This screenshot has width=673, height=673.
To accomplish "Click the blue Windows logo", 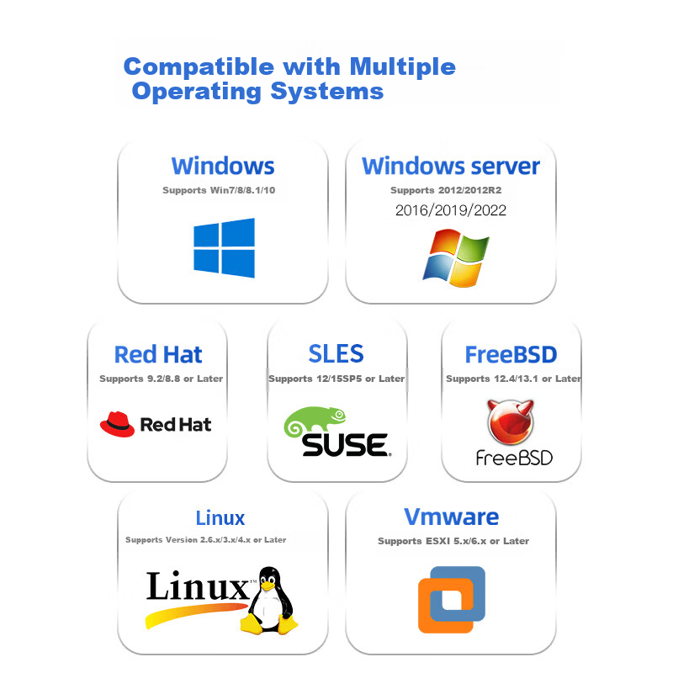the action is [224, 247].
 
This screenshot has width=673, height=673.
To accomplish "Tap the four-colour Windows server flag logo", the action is [456, 257].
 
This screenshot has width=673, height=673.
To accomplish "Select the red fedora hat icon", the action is [117, 424].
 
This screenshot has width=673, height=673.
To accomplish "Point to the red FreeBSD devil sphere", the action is [511, 421].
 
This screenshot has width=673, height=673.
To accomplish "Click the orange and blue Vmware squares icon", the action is [452, 600].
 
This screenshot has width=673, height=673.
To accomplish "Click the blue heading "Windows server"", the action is [451, 166].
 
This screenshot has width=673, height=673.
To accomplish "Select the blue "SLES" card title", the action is [336, 353].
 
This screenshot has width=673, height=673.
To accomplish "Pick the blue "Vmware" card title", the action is [451, 517].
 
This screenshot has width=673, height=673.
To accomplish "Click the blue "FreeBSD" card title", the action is [511, 354].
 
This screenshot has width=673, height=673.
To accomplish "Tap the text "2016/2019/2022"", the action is [451, 210].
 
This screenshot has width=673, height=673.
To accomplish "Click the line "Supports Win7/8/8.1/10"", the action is [219, 190].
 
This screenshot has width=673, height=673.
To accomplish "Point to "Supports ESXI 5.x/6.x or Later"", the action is [453, 541].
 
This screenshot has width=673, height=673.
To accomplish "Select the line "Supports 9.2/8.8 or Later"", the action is [161, 379].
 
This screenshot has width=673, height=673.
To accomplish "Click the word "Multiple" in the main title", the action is [403, 67].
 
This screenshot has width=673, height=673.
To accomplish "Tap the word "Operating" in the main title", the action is [197, 92].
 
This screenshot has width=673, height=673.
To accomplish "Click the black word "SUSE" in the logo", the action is [346, 445].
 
